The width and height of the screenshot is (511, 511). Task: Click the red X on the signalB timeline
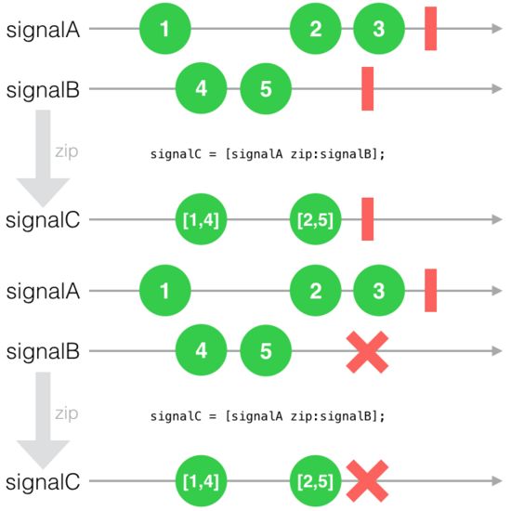pos(367,352)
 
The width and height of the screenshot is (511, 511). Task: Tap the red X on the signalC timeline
pos(367,481)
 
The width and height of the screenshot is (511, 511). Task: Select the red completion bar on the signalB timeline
pos(368,88)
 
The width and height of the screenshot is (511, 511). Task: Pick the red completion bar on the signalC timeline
pos(368,219)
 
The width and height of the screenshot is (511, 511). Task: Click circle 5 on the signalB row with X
pos(266,350)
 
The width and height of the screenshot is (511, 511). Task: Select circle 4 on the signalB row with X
pos(201,350)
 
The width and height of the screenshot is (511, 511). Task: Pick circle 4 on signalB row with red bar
pos(201,88)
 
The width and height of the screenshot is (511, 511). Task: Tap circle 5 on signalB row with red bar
pos(266,88)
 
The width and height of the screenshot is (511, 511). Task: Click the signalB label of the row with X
pos(43,351)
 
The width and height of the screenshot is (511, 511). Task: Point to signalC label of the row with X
pos(43,481)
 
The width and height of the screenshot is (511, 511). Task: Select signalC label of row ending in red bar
pos(43,219)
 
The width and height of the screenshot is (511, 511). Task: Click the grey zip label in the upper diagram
pos(67,151)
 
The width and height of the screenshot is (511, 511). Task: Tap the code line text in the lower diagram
pos(268,416)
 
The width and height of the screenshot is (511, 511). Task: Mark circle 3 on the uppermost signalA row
pos(379,29)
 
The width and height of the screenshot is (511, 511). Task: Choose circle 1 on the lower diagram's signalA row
pos(164,291)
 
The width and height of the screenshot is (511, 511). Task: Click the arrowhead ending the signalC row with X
pos(497,480)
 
